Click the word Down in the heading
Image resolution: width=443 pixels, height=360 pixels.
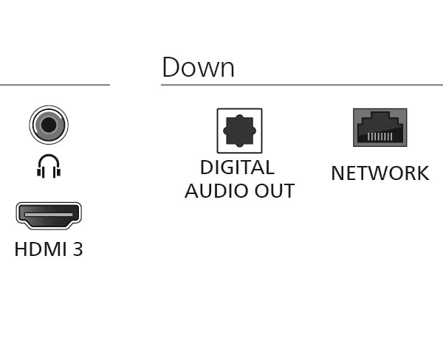click(x=199, y=67)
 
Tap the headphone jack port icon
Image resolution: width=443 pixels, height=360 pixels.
click(x=49, y=125)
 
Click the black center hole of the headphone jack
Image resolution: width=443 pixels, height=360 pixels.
click(x=49, y=125)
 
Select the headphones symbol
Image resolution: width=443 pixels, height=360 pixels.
click(x=49, y=166)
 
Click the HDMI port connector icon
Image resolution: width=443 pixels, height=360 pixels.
click(x=49, y=215)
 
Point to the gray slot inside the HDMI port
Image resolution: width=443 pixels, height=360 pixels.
click(x=49, y=215)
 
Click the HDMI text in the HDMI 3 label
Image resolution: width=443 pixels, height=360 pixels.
click(x=40, y=249)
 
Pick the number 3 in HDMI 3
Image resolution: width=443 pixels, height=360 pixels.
click(x=78, y=249)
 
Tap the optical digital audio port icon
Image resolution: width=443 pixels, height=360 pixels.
click(x=239, y=131)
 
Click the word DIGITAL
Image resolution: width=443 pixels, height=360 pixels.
click(x=237, y=167)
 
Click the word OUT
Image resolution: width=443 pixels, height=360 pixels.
click(x=275, y=191)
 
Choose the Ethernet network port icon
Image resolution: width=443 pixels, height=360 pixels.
click(x=380, y=128)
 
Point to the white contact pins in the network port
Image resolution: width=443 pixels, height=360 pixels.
click(x=380, y=136)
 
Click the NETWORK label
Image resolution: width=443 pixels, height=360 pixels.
click(x=380, y=173)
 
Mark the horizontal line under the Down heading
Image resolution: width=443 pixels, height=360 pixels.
click(x=302, y=85)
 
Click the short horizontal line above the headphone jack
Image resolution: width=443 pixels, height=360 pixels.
click(x=55, y=85)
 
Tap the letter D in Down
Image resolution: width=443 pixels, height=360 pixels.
click(x=171, y=67)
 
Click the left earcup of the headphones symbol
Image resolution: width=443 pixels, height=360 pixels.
click(x=40, y=172)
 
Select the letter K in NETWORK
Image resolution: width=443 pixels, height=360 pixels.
click(x=423, y=173)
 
